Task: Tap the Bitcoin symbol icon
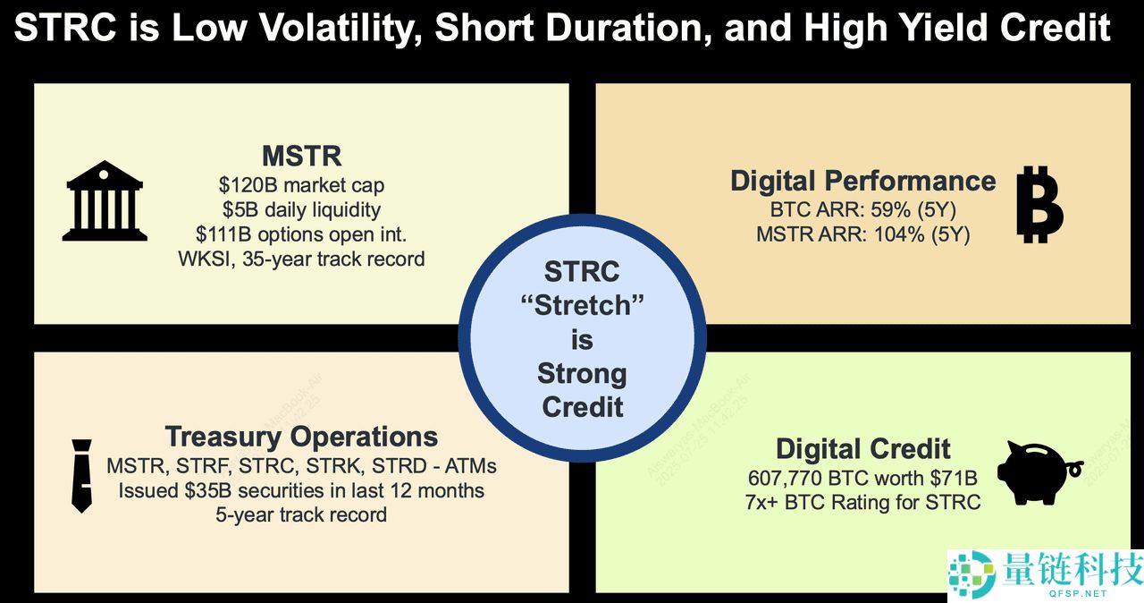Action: (x=1039, y=204)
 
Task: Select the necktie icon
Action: (x=81, y=476)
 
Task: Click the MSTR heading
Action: (x=301, y=157)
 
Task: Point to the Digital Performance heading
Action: (x=862, y=181)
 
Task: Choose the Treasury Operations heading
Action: (x=301, y=437)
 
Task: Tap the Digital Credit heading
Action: (x=862, y=448)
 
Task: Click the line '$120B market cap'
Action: (x=301, y=186)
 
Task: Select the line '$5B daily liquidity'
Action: (x=301, y=210)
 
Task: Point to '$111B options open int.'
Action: (x=301, y=235)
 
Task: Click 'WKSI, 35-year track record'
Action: (x=301, y=260)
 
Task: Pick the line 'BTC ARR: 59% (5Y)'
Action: (x=862, y=211)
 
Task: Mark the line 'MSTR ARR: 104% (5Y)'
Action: (x=862, y=235)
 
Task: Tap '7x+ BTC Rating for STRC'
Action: (x=862, y=502)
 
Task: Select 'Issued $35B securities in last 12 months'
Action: (x=301, y=490)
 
